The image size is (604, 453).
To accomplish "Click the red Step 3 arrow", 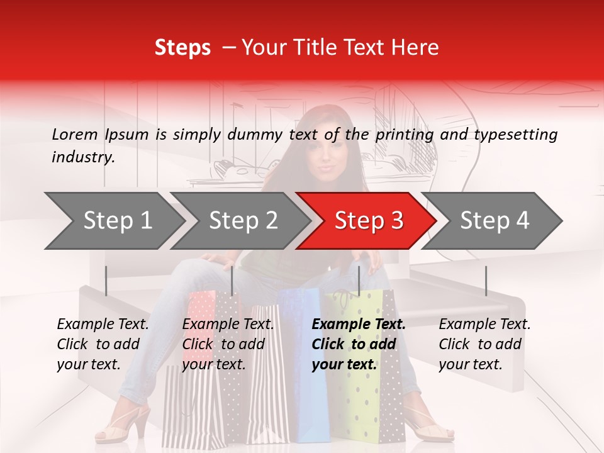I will [368, 221].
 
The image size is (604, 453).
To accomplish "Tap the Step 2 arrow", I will [243, 221].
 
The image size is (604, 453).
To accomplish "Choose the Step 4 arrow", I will [495, 221].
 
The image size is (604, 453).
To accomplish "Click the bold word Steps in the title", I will [182, 48].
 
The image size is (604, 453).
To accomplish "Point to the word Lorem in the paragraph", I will [75, 135].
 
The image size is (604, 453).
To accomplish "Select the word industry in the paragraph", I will [82, 157].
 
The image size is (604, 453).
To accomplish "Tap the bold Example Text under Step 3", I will [359, 325].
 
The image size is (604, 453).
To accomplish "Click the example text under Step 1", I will [103, 344].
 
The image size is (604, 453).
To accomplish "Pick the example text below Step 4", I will [484, 344].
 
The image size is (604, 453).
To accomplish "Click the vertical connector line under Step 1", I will [106, 281].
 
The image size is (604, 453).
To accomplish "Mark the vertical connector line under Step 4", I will [486, 281].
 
